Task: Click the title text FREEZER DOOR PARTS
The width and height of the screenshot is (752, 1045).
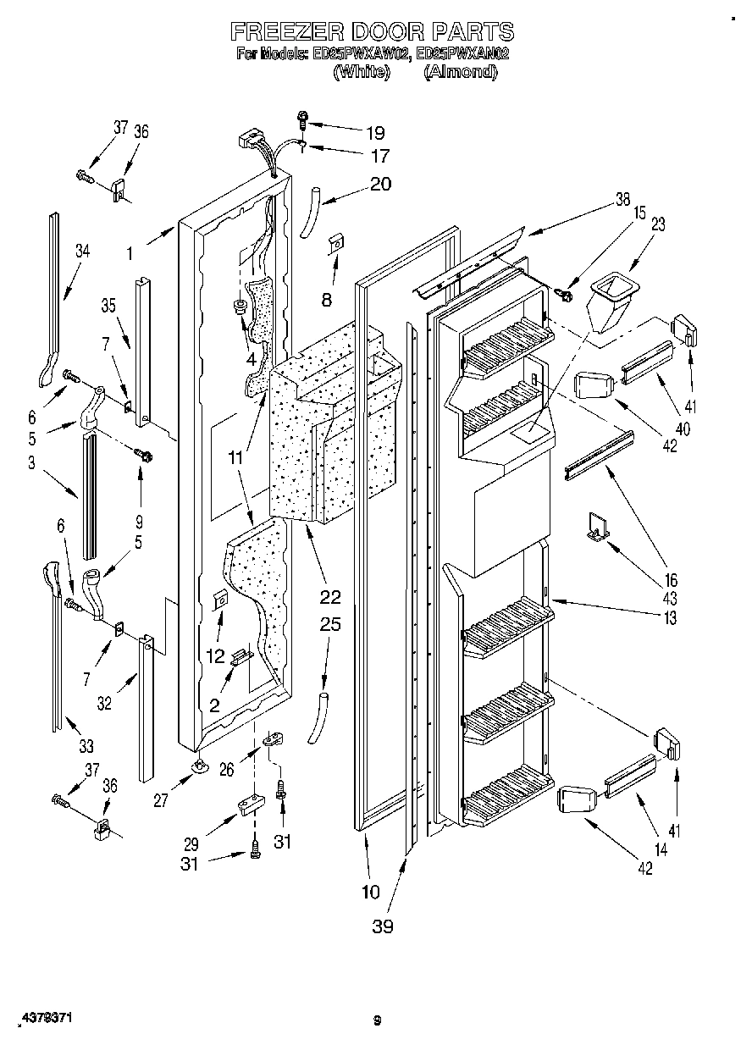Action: [373, 32]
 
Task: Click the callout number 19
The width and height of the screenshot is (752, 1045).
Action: [374, 132]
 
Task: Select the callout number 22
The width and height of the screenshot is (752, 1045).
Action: [331, 597]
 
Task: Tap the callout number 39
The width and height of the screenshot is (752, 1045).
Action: [383, 926]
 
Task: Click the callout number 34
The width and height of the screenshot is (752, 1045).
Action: [81, 250]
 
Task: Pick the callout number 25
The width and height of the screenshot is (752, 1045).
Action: [331, 625]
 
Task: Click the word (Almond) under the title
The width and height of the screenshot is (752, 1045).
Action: [460, 72]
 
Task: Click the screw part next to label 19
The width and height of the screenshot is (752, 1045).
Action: [302, 120]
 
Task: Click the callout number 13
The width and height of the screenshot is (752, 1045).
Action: [670, 618]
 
